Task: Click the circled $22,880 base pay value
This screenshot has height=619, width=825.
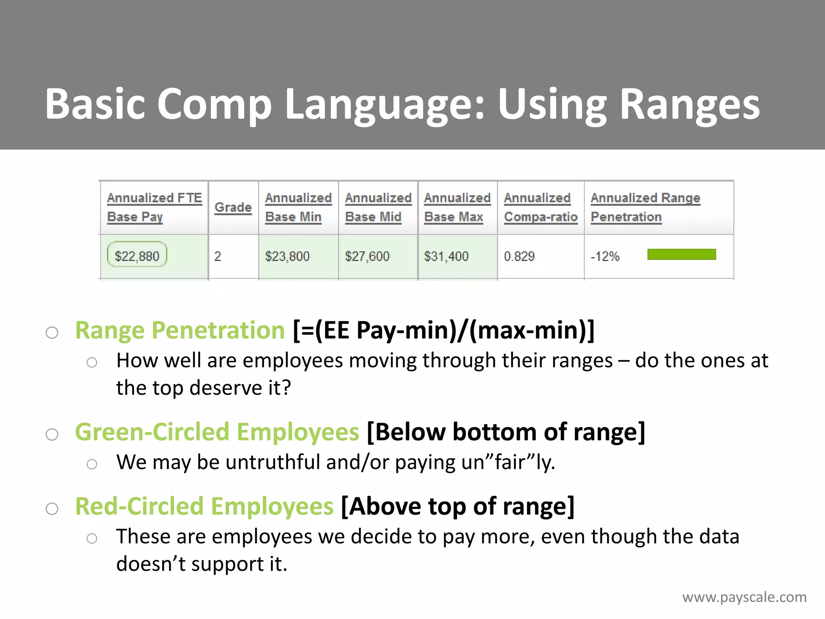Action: click(137, 256)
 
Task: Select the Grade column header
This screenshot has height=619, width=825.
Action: click(233, 207)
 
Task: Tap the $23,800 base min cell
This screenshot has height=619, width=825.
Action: click(287, 256)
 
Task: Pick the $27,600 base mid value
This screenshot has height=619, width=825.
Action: click(367, 256)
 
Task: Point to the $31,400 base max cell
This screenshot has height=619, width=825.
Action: click(446, 256)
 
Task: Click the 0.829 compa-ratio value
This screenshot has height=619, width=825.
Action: click(519, 256)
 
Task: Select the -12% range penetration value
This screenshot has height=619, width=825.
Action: click(605, 256)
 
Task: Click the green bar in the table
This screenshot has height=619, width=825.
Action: click(681, 254)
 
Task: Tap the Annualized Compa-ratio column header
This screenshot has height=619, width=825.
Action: click(540, 207)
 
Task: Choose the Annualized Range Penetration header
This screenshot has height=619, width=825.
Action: click(645, 207)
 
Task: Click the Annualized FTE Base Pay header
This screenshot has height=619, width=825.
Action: click(154, 207)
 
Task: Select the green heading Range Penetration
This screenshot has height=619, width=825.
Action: click(180, 330)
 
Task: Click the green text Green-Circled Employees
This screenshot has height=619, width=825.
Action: click(217, 432)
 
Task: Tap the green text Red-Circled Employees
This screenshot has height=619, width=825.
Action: click(204, 506)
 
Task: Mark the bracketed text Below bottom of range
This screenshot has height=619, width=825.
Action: click(506, 432)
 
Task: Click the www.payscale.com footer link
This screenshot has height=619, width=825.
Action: click(744, 597)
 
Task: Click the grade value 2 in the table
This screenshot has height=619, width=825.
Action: click(218, 256)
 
